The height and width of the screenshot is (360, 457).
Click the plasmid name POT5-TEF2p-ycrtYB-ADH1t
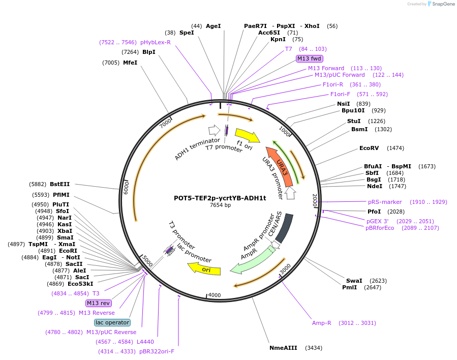[x=220, y=198]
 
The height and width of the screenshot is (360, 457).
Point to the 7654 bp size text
[x=220, y=205]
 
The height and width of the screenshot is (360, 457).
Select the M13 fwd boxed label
[x=309, y=58]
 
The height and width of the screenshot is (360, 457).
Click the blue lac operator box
[x=112, y=322]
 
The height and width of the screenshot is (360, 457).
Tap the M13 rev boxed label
[x=99, y=303]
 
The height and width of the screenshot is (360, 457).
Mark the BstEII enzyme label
[x=60, y=184]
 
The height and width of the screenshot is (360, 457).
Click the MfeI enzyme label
[x=130, y=63]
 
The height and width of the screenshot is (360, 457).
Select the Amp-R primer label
[x=322, y=323]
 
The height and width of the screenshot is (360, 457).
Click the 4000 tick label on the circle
[x=215, y=295]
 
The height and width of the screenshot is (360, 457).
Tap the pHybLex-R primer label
[x=156, y=42]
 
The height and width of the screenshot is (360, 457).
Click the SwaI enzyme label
[x=354, y=281]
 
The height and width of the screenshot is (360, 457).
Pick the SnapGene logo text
[x=443, y=4]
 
